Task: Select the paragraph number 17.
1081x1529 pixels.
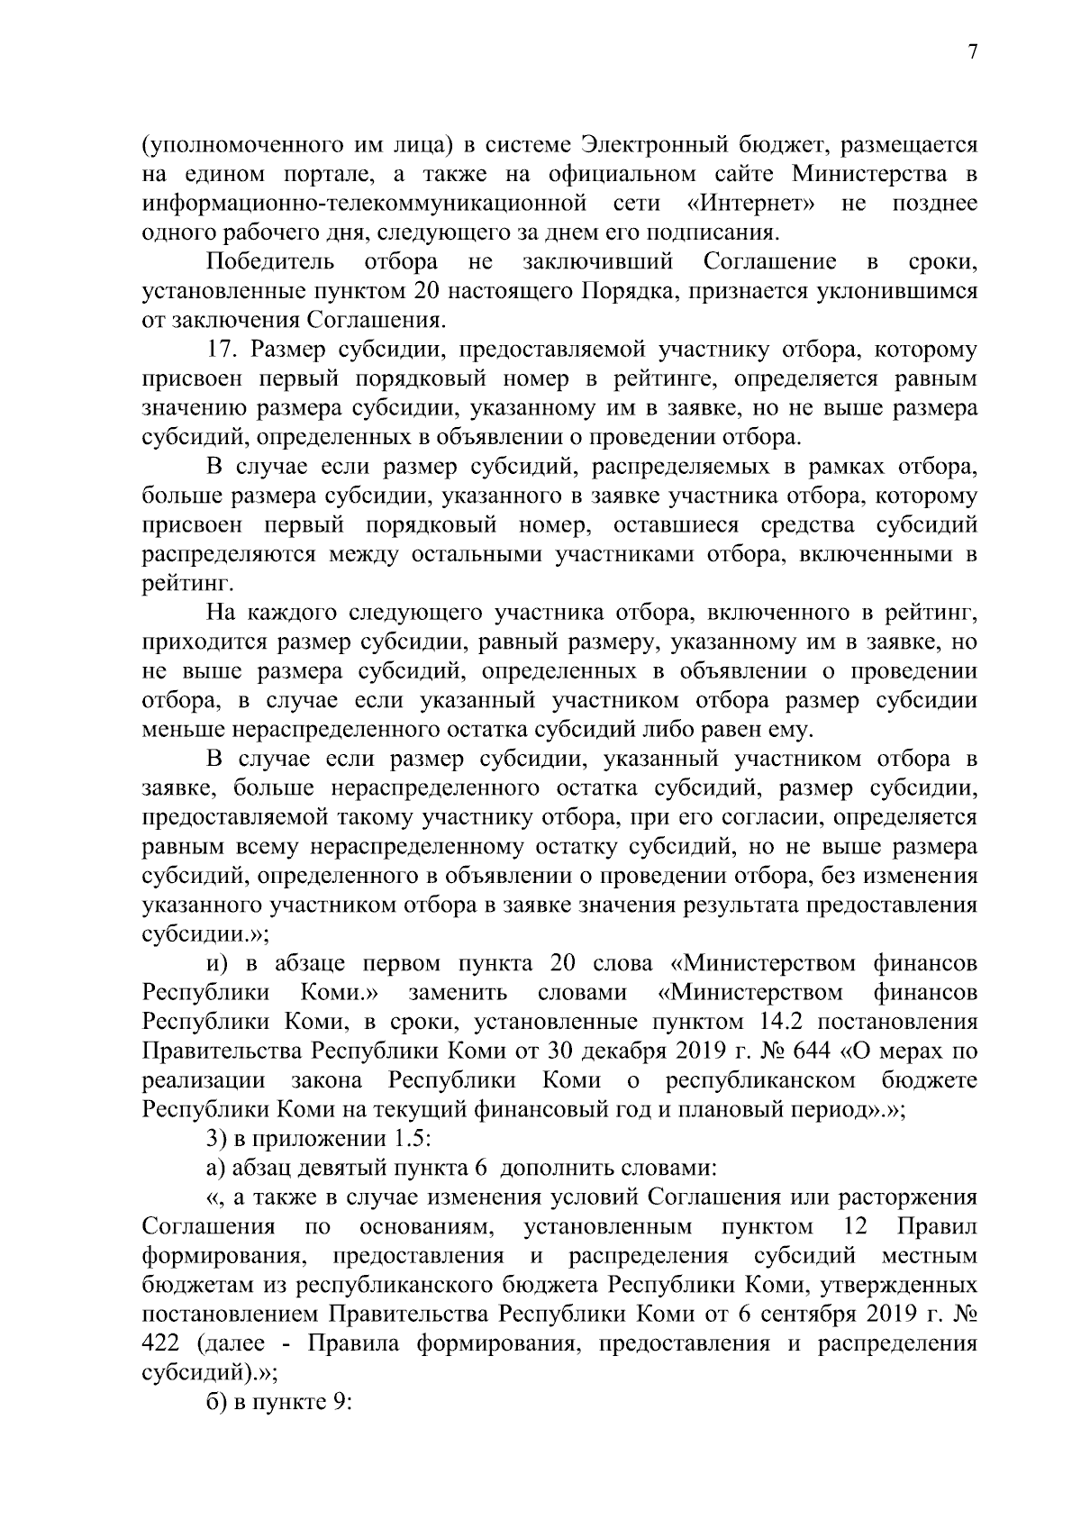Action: coord(224,350)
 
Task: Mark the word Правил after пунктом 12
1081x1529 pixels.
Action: coord(937,1226)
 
